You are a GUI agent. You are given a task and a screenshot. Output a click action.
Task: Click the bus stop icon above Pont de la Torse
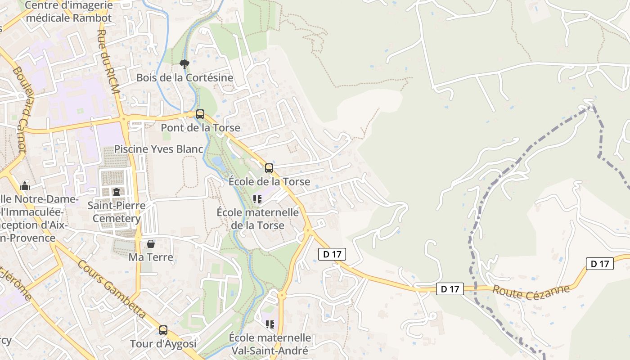[200, 114]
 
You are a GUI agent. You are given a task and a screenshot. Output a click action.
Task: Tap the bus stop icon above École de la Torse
[269, 168]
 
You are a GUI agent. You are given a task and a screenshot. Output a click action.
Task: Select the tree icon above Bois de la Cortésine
[184, 64]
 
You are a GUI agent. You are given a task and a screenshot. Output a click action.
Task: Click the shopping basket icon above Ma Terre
[151, 244]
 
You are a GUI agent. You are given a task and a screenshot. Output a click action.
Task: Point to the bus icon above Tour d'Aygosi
[163, 330]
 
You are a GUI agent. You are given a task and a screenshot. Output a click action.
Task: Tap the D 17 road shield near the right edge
[600, 264]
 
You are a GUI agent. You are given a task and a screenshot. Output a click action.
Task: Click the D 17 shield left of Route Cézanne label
[450, 289]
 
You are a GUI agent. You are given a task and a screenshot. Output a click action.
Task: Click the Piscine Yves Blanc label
[159, 149]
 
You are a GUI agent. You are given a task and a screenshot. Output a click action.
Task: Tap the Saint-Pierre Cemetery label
[117, 212]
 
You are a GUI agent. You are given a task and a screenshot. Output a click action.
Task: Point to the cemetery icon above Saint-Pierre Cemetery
[117, 192]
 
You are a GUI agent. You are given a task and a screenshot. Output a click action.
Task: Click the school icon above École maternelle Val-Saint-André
[270, 324]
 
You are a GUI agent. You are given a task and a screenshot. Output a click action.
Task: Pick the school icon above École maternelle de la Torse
[257, 199]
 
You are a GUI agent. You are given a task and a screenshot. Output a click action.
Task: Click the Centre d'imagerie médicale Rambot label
[69, 12]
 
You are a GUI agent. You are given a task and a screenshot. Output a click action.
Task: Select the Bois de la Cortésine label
[185, 77]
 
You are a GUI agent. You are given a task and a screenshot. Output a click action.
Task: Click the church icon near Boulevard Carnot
[25, 185]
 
